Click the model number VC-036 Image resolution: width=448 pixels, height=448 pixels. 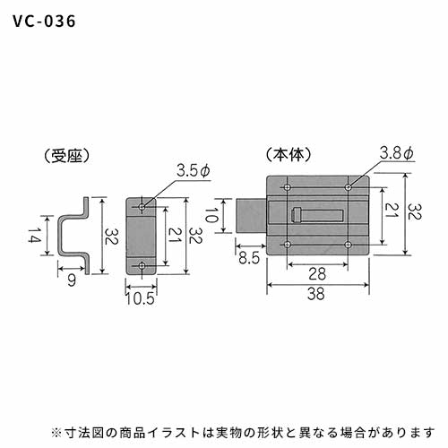pos(44,22)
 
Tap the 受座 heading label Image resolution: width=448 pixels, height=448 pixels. pos(67,156)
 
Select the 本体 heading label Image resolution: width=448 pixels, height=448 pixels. pos(289,154)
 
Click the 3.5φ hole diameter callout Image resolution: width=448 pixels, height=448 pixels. pos(194,171)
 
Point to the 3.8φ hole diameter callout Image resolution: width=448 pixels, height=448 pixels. pos(396,153)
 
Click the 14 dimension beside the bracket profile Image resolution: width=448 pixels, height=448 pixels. pos(34,235)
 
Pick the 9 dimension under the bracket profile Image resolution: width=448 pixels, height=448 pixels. pos(72,280)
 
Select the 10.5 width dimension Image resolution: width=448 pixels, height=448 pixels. pos(141,298)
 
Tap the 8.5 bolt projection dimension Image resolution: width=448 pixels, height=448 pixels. pos(249,258)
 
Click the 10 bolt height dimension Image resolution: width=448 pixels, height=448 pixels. pos(211,215)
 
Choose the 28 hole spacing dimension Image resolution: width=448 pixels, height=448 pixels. pos(317,274)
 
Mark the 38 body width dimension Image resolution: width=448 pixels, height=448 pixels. pos(316,294)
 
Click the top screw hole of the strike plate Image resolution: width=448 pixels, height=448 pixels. pos(142,206)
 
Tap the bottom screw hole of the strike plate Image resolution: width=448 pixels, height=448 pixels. pos(142,265)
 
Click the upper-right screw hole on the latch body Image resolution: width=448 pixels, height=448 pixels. pos(348,187)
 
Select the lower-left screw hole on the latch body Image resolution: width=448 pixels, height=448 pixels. pos(288,245)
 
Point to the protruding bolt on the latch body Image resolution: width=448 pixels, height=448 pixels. pos(251,215)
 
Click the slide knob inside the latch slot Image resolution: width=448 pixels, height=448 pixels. pos(295,215)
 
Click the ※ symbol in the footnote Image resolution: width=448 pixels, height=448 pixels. pos(56,432)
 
